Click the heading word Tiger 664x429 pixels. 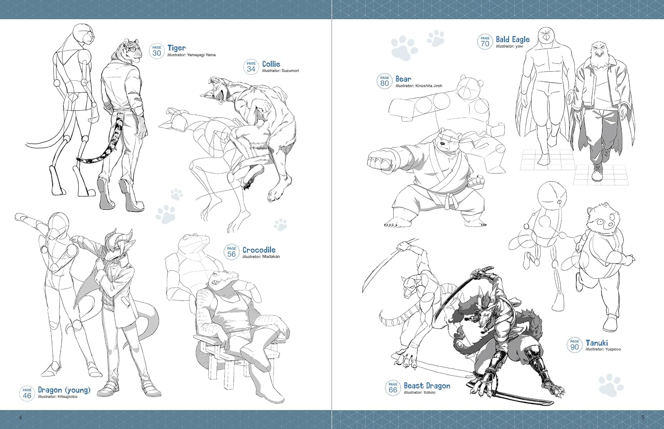177,48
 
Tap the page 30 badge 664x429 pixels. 157,51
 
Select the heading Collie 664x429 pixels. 271,64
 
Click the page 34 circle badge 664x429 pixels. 251,67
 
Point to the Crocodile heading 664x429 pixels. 259,250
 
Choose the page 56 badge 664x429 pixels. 232,252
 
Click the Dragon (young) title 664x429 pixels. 64,390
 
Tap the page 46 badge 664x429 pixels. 27,394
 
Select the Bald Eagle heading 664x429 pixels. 513,39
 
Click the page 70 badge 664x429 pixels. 485,42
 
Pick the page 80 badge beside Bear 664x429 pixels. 385,81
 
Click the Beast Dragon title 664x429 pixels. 427,386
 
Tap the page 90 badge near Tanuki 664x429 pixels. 575,345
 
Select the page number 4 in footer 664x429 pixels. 20,417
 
